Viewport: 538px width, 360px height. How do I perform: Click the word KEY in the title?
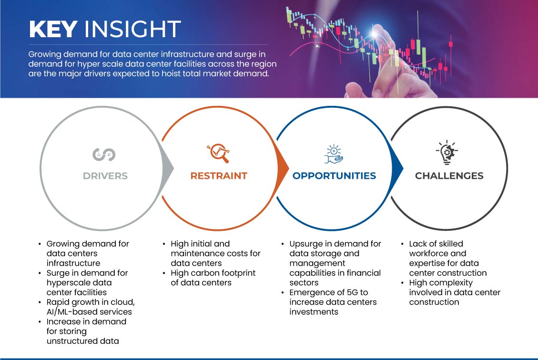(52, 30)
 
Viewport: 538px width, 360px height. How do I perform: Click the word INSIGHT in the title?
(132, 30)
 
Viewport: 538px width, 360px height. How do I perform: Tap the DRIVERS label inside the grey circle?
(105, 176)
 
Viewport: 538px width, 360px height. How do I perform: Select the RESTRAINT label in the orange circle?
(219, 176)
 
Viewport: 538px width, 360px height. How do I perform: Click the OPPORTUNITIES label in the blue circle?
(334, 176)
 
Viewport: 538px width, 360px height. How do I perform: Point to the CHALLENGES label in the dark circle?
(449, 176)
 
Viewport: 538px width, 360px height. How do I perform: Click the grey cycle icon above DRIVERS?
(104, 154)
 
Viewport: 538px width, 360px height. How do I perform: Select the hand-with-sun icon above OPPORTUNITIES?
(334, 154)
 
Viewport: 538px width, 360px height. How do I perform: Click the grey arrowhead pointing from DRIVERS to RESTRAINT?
(167, 167)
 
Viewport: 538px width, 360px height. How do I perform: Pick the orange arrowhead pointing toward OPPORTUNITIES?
(283, 167)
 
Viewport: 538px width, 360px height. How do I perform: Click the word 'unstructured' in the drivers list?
(70, 341)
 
